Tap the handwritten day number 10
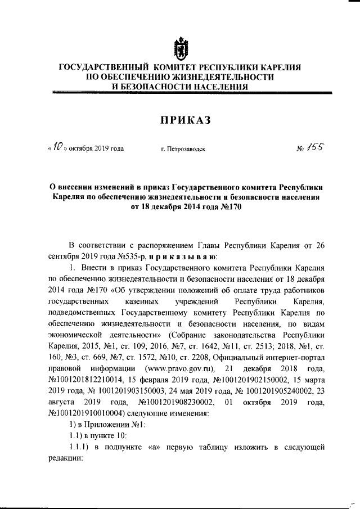click(x=57, y=147)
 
